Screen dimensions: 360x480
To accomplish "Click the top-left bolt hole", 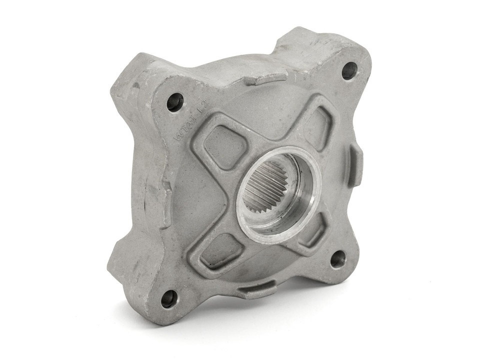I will [x=175, y=102].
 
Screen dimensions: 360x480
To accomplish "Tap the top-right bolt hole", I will [x=349, y=70].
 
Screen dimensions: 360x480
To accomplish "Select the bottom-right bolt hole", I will [x=338, y=259].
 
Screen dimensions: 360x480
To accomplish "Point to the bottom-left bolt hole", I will [x=169, y=298].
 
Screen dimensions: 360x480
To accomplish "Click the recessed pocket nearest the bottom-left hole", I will [x=222, y=250].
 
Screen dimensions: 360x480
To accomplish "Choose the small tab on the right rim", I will [x=356, y=165].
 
